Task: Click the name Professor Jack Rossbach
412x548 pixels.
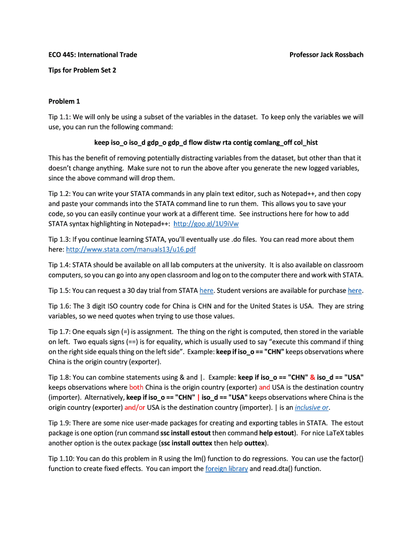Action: click(x=326, y=55)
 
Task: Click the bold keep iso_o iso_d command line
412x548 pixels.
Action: click(x=206, y=142)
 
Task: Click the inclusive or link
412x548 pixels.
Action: click(x=311, y=407)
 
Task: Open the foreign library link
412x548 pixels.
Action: click(x=226, y=469)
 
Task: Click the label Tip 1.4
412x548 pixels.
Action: click(x=59, y=265)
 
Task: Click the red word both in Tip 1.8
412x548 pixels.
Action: click(x=136, y=387)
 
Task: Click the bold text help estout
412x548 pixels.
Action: click(x=277, y=433)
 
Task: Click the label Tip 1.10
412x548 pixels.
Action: click(x=60, y=459)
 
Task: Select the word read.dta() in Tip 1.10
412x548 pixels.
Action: click(x=278, y=469)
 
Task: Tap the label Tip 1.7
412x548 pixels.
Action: click(x=59, y=331)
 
